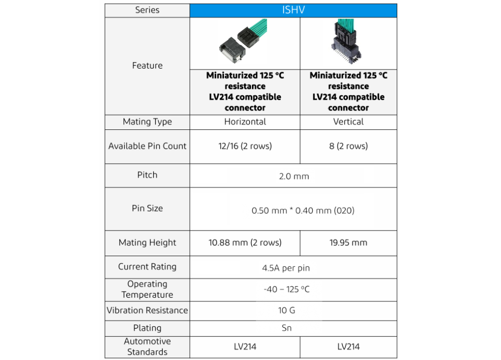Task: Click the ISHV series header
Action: [293, 10]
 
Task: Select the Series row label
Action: [147, 10]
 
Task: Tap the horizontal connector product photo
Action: [245, 43]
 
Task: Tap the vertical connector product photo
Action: [348, 43]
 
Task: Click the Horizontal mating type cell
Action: [245, 122]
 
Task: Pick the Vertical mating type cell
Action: [348, 122]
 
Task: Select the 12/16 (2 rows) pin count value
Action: [245, 146]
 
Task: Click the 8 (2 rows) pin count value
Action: [348, 146]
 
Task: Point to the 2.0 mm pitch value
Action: [294, 176]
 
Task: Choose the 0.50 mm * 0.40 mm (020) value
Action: [303, 211]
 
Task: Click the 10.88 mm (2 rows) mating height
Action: [245, 243]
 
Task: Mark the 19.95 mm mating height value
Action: [348, 243]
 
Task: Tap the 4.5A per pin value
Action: [286, 268]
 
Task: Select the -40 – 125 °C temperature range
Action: [287, 289]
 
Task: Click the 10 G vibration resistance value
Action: [287, 310]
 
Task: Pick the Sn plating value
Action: [287, 328]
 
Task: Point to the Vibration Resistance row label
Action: [147, 310]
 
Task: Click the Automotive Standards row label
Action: [147, 347]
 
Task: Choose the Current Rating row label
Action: [147, 267]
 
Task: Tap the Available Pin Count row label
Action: [147, 146]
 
